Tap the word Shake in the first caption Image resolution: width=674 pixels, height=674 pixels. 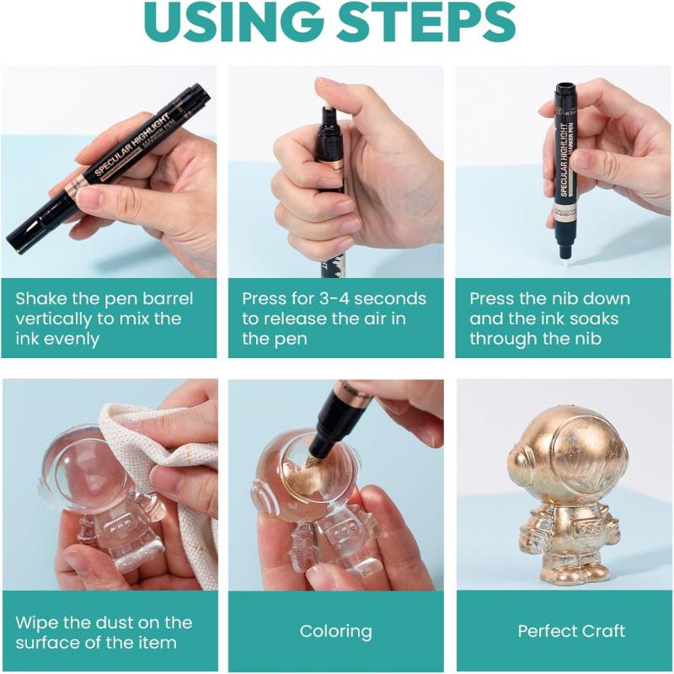click(40, 299)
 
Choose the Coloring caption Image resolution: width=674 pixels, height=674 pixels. click(335, 631)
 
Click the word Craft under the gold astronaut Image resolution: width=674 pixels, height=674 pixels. click(604, 631)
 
